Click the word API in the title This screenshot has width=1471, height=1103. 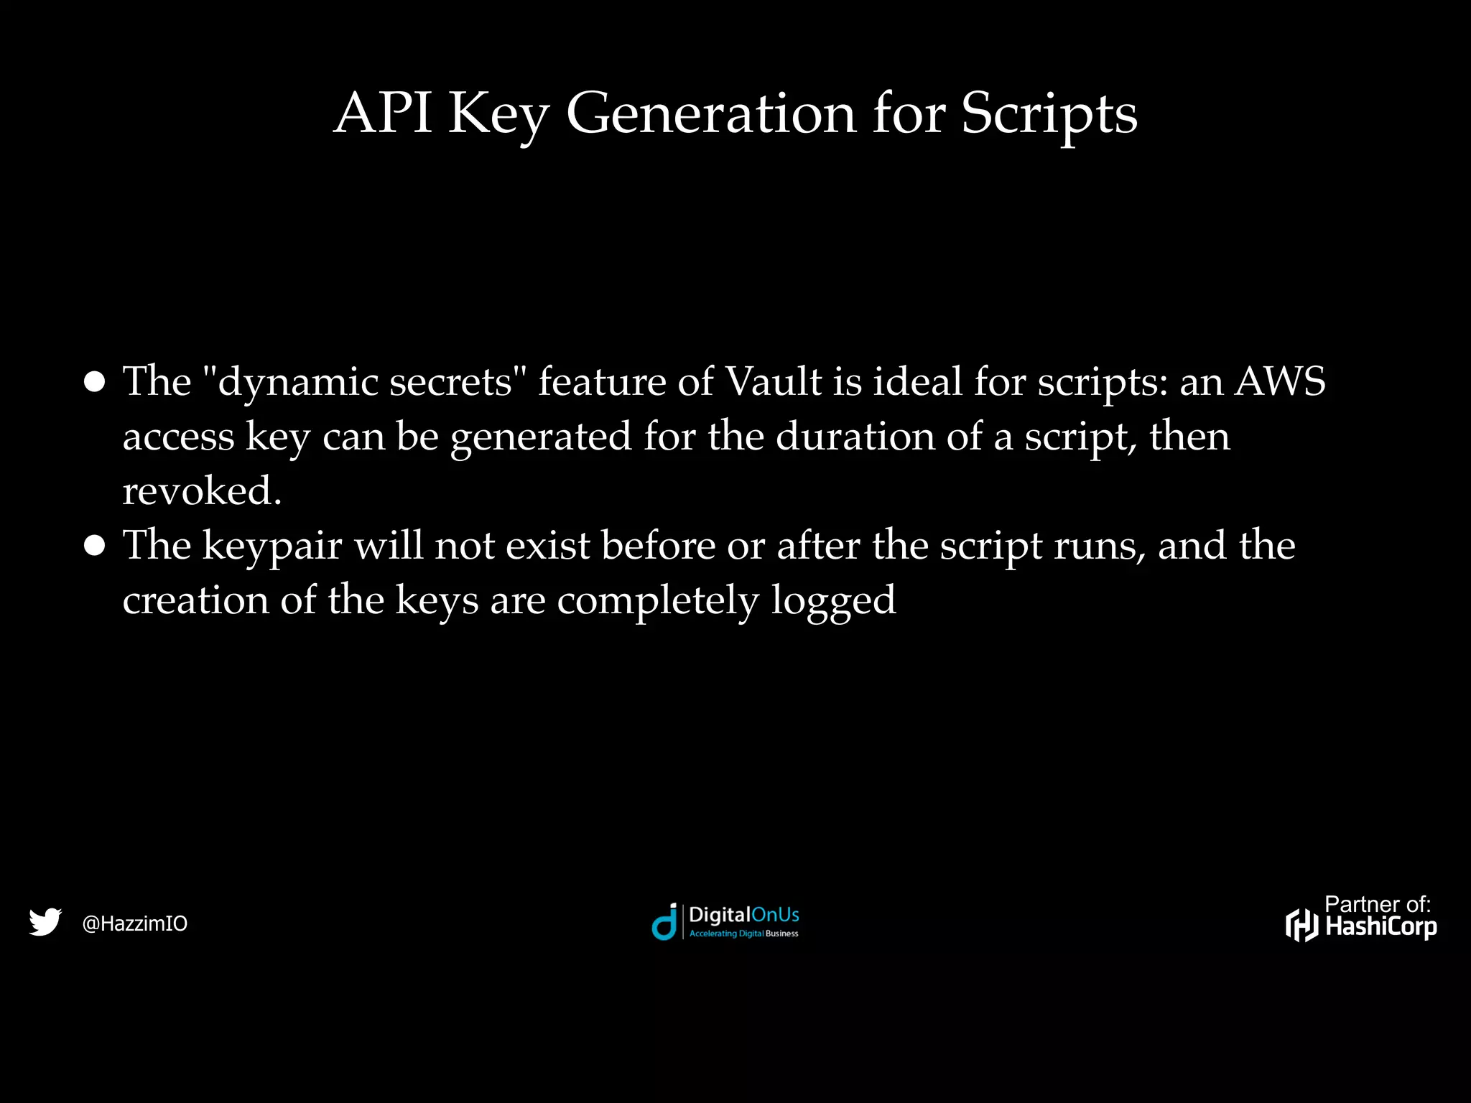[x=383, y=113]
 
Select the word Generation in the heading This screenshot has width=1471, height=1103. [x=711, y=113]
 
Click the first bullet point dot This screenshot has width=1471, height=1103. [x=94, y=381]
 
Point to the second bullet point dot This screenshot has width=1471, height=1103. [x=94, y=546]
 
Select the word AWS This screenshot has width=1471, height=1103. [x=1280, y=381]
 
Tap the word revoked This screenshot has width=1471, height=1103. [x=202, y=491]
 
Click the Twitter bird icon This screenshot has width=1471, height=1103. [x=45, y=922]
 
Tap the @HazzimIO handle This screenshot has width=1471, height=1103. [x=135, y=923]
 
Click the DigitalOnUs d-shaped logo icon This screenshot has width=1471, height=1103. [x=664, y=922]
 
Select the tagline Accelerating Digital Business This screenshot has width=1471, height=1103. [x=743, y=934]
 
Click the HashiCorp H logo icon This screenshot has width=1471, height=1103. [x=1301, y=925]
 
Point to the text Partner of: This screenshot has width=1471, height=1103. [x=1377, y=904]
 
